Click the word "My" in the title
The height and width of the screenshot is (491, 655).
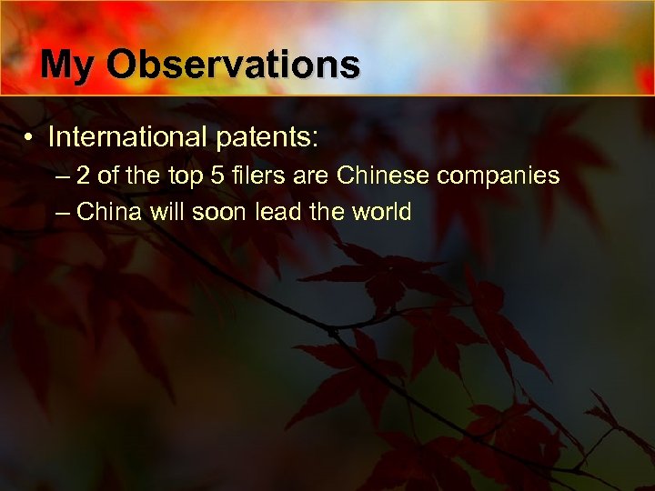(68, 65)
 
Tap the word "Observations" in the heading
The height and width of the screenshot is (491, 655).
(234, 65)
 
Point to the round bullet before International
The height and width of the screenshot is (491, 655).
(30, 138)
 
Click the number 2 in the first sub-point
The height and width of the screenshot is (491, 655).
(84, 175)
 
